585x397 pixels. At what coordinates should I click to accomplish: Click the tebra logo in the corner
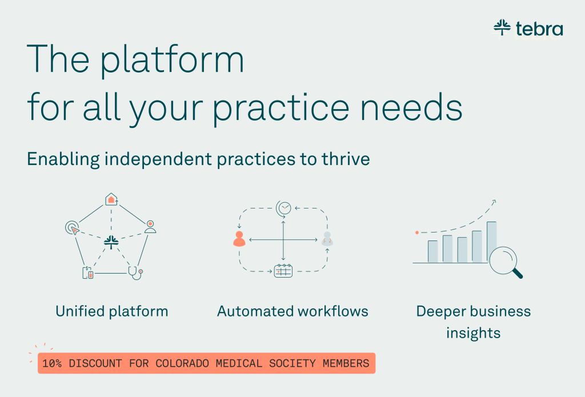528,29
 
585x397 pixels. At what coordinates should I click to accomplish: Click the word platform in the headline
172,61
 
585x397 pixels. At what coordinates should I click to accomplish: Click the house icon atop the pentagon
111,199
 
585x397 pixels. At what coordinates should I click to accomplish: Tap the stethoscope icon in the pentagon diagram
135,273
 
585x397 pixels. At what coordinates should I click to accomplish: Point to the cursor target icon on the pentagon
72,227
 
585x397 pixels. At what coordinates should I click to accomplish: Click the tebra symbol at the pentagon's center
111,242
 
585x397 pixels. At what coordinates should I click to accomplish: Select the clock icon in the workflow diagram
283,208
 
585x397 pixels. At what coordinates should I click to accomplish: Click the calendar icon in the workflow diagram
283,271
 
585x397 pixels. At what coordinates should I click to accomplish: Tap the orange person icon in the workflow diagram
239,239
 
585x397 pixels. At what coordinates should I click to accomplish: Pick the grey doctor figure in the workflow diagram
327,238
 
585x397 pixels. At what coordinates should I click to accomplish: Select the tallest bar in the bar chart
492,242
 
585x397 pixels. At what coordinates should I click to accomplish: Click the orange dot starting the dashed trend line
417,232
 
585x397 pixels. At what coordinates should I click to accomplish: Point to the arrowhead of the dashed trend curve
494,202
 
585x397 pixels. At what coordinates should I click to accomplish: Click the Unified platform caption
112,311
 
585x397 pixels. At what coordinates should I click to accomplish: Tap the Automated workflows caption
293,311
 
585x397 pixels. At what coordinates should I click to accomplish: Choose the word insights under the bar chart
474,333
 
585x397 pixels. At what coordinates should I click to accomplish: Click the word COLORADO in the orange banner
182,363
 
